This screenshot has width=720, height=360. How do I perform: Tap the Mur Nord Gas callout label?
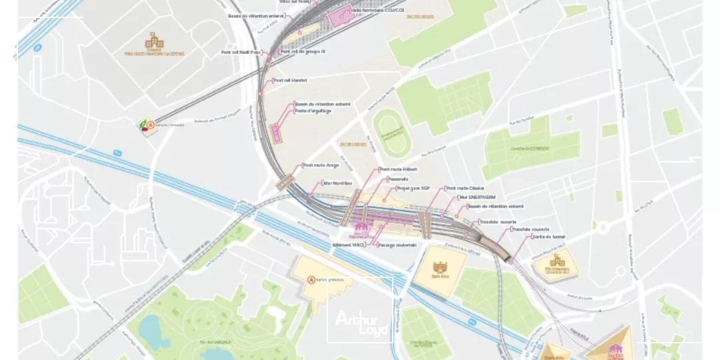[337, 183]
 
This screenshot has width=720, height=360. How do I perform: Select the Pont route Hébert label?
[397, 170]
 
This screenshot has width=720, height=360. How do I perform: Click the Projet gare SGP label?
[413, 189]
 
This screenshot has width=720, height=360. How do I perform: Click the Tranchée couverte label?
[531, 229]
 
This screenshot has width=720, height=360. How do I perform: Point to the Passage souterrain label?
[397, 245]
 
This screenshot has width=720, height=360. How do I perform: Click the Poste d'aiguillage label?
[313, 111]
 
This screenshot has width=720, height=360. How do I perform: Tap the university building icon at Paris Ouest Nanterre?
[155, 41]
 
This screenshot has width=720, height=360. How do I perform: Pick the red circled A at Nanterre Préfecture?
[310, 281]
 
